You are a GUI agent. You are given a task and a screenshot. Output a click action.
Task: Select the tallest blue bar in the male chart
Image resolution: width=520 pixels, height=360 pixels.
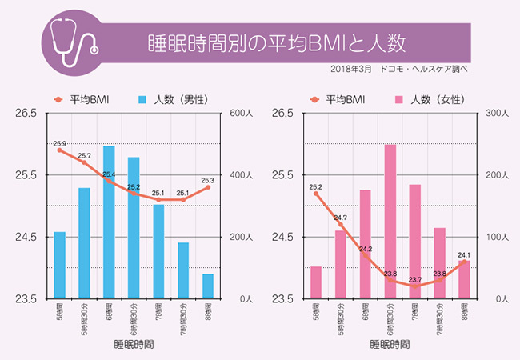pos(109,222)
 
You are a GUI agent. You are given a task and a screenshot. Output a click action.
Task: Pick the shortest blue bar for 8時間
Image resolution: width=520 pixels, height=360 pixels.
pos(208,286)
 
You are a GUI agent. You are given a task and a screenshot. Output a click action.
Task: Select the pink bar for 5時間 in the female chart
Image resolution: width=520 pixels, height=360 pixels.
pos(316,282)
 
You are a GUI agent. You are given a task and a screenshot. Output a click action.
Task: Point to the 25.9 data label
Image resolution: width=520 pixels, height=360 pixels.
pos(59,144)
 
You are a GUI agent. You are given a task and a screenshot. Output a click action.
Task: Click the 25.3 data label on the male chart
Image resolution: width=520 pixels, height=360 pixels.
pos(207,180)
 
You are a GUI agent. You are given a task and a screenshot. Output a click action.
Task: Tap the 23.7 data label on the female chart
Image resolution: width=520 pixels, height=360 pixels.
pos(414,280)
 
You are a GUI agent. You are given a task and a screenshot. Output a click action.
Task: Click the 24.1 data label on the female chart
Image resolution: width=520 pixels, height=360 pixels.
pos(464,256)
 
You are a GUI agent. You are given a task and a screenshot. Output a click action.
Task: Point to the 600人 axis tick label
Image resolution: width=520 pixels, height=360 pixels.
pos(242,114)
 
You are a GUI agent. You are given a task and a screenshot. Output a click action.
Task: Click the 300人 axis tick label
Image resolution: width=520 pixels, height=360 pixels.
pos(498,114)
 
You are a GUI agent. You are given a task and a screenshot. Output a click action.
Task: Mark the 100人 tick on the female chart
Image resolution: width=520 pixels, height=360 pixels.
pos(498,238)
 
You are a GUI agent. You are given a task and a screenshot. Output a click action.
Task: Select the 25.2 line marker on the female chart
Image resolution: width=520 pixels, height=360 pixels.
pos(316,194)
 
